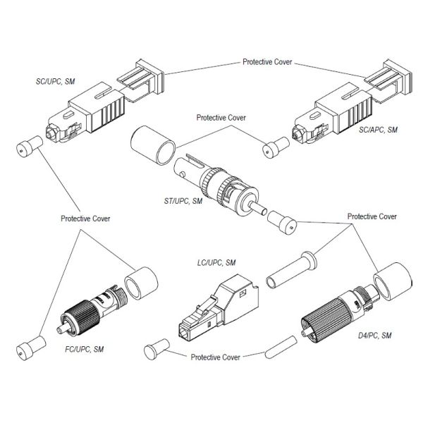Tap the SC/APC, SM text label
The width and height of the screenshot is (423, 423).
(378, 130)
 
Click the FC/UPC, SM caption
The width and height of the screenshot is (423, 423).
(80, 350)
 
